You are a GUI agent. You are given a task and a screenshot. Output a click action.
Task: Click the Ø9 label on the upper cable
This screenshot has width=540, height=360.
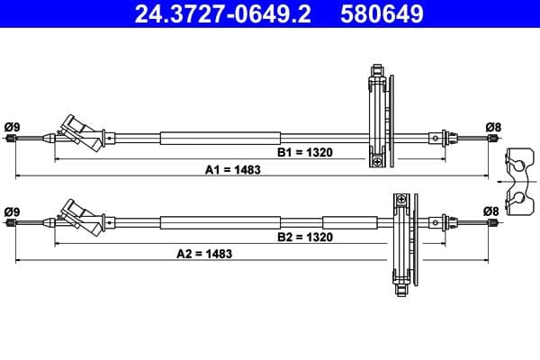tap(12, 126)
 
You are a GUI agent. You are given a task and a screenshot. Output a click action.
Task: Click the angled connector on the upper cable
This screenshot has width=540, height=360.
tap(82, 133)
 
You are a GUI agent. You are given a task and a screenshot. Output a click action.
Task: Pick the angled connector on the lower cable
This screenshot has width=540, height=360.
tap(82, 217)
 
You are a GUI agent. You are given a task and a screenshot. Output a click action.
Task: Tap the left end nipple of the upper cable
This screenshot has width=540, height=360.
tap(11, 138)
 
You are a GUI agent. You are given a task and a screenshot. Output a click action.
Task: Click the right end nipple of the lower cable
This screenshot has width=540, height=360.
tap(490, 221)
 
